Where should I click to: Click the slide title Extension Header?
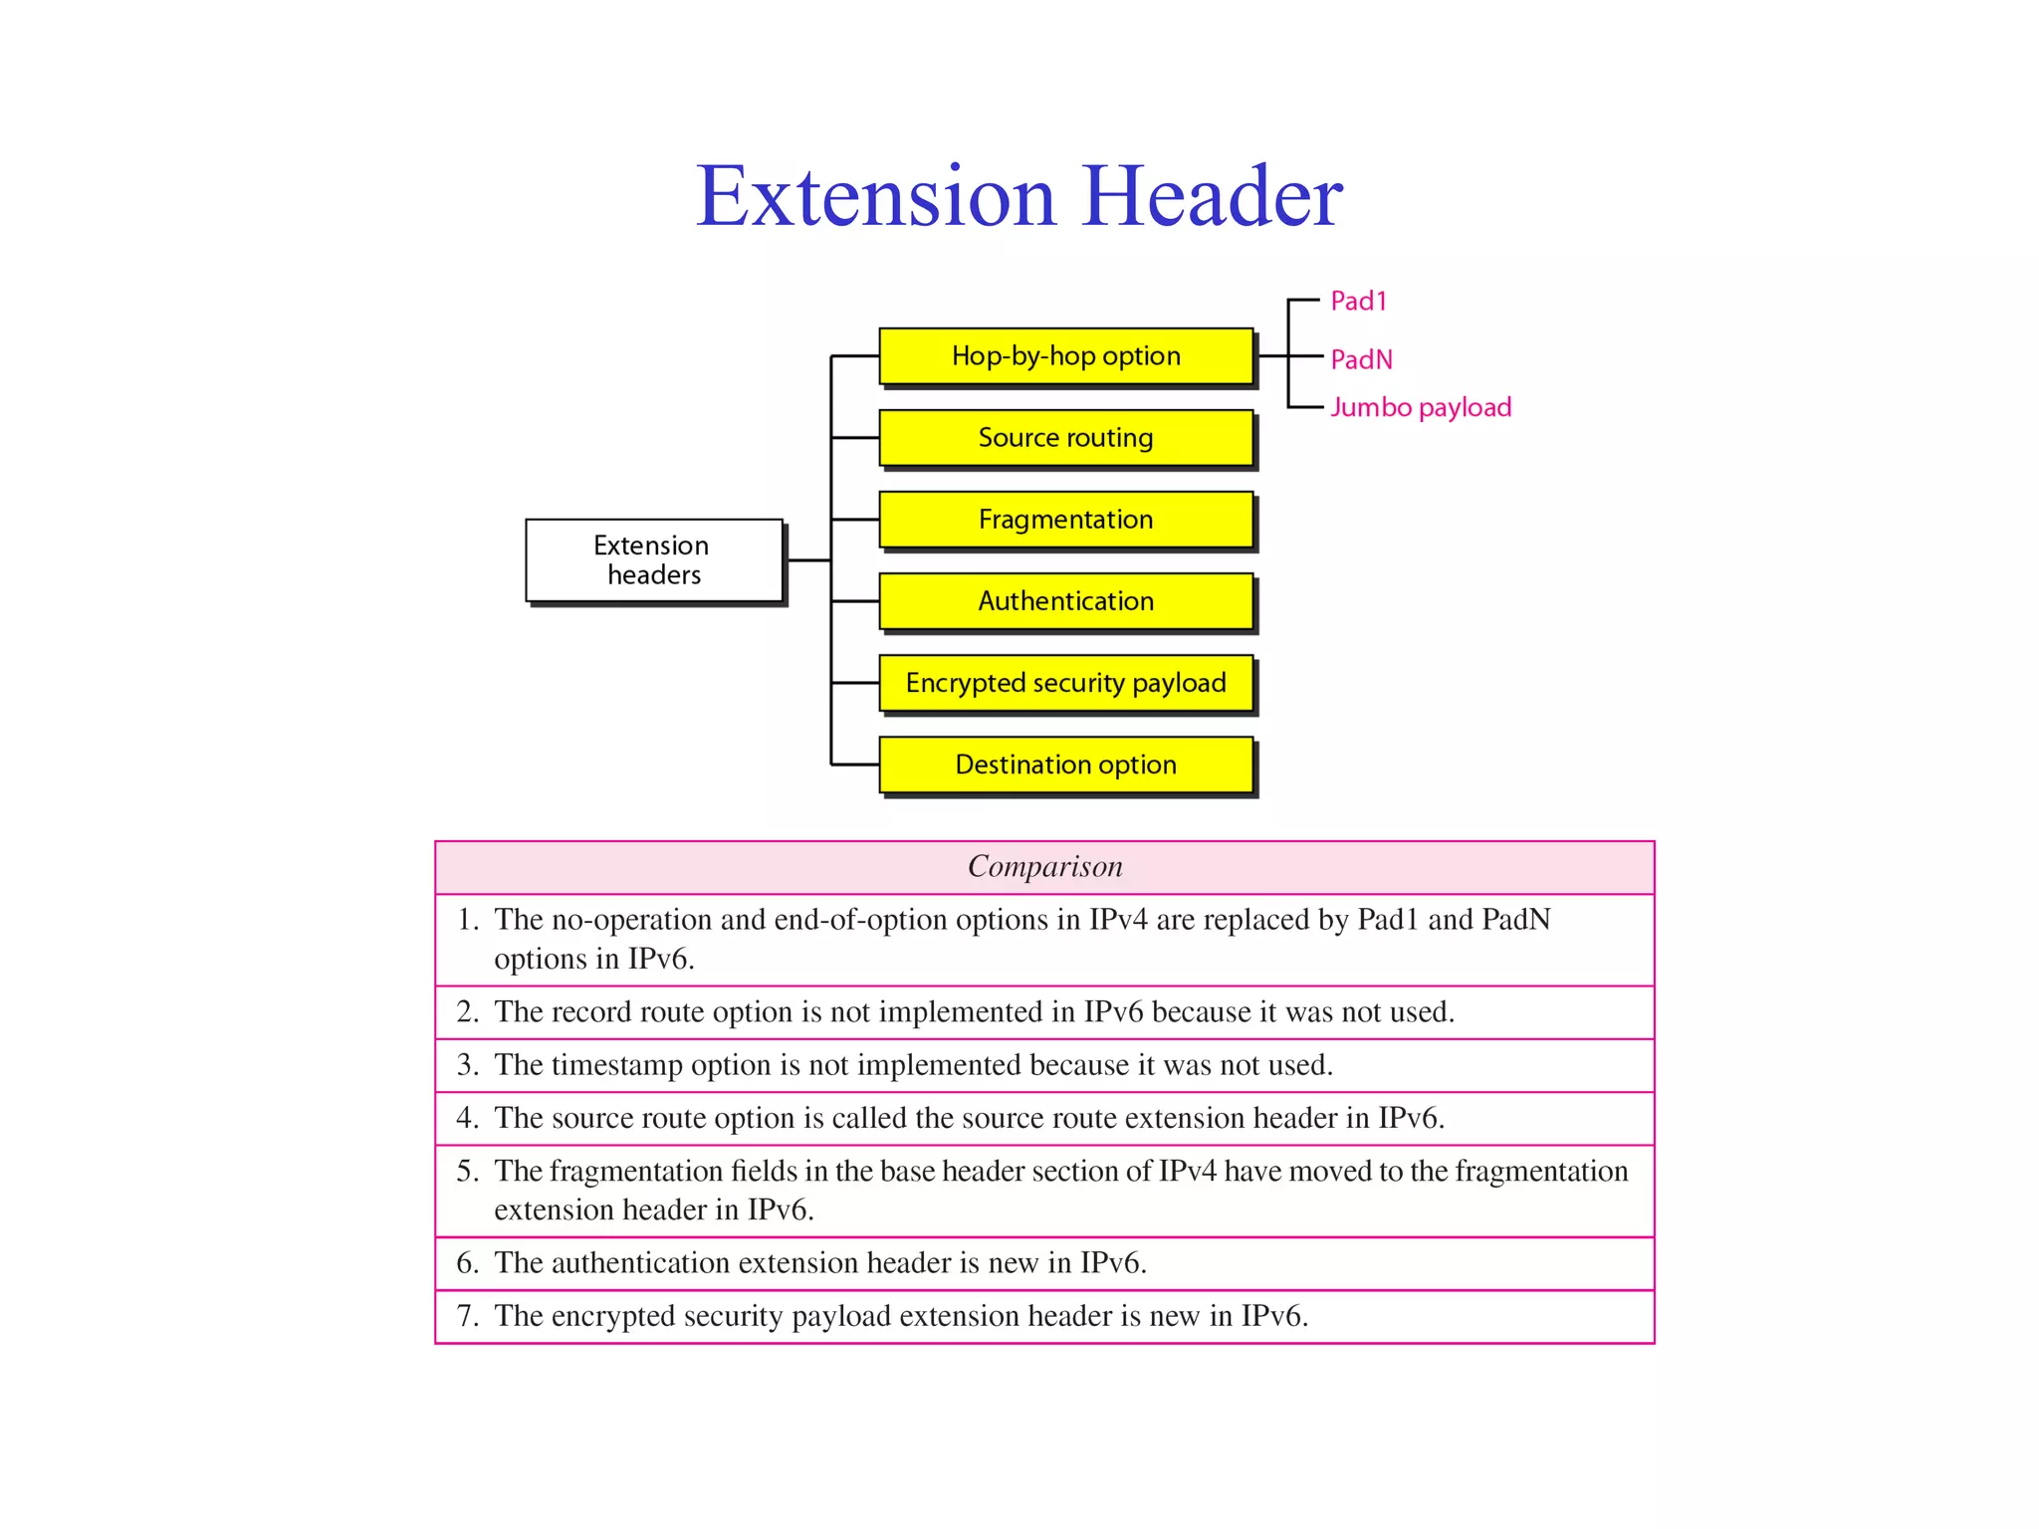(1019, 196)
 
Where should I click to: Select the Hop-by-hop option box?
(1065, 356)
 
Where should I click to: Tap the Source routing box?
(1065, 438)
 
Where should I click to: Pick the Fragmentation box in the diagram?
(1065, 520)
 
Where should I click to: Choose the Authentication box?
(1065, 601)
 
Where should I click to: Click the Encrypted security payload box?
(1065, 683)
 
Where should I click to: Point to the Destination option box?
(1065, 764)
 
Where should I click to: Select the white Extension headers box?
(653, 560)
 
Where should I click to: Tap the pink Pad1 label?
(1358, 302)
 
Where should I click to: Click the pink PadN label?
(1361, 359)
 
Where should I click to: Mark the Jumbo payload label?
(1421, 407)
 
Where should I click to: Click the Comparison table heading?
(1044, 867)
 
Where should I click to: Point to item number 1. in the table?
(468, 920)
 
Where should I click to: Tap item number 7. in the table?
(468, 1316)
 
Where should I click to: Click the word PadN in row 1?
(1515, 920)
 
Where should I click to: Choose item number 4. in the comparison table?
(468, 1118)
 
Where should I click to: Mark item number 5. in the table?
(468, 1172)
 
